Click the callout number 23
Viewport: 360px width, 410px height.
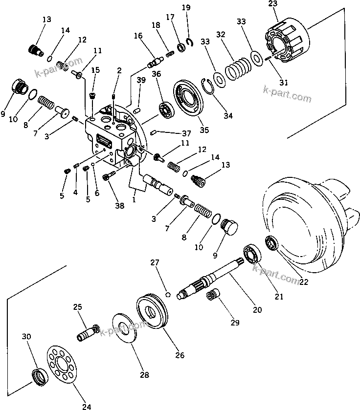(271, 4)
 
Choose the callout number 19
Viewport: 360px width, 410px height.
(185, 7)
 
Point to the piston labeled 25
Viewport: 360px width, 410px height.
(88, 332)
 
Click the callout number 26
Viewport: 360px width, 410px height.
(180, 355)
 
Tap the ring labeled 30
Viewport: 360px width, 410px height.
(38, 377)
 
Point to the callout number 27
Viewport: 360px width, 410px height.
(155, 263)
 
